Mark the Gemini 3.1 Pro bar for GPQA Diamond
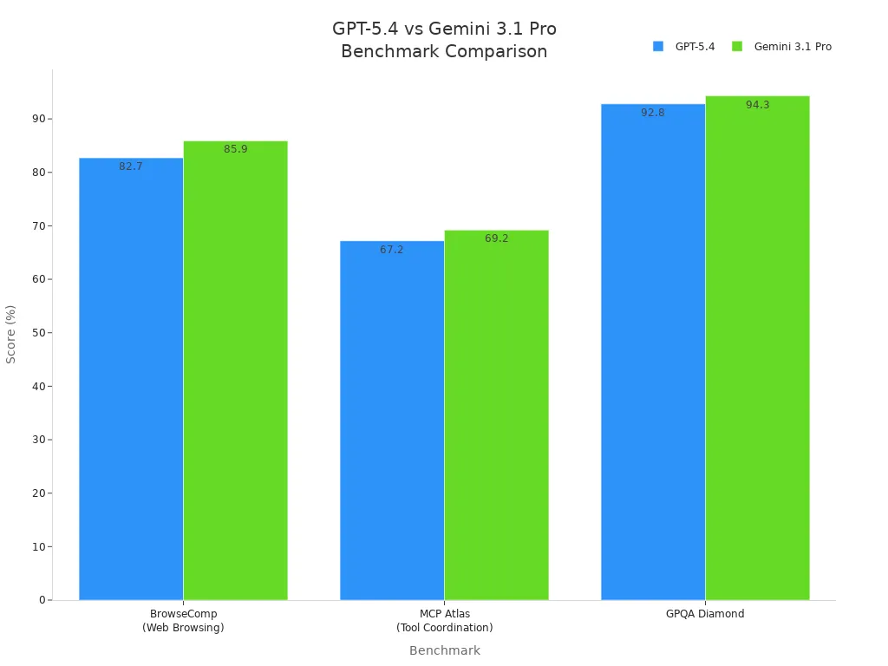(x=757, y=348)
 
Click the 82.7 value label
(x=131, y=166)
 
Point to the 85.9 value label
(x=235, y=149)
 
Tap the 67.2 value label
(x=392, y=250)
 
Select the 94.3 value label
(x=757, y=105)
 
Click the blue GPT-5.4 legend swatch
(x=658, y=47)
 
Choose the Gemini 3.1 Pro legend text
(x=793, y=47)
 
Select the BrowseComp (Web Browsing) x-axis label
(x=183, y=621)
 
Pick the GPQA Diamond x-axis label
(x=705, y=614)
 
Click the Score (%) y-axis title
(x=11, y=334)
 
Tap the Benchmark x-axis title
(x=444, y=650)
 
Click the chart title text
(x=444, y=40)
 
